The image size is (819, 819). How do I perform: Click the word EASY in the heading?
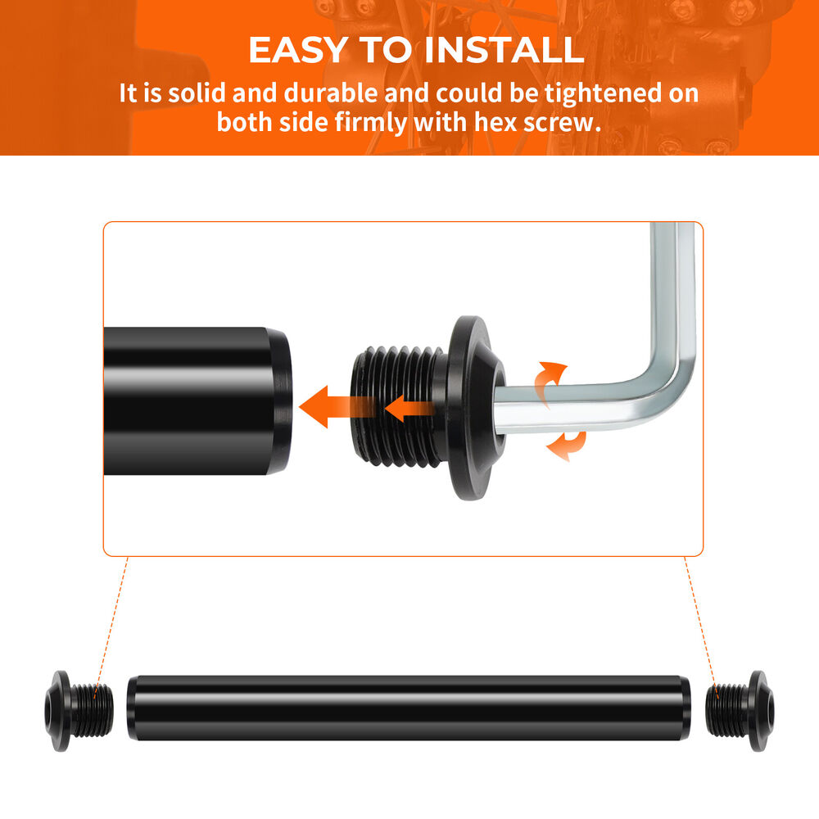298,50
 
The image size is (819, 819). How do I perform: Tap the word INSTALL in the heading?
504,50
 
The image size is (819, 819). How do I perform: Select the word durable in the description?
330,93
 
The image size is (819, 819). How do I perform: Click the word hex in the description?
496,122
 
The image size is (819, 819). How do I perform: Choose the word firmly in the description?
371,124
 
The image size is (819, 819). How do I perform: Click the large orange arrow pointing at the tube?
337,407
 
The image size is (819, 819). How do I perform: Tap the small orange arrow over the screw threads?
409,408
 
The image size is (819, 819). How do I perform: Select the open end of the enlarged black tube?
280,401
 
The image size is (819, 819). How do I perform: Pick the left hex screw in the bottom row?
79,711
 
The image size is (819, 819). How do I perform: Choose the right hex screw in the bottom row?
740,711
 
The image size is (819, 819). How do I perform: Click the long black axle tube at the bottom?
409,708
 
